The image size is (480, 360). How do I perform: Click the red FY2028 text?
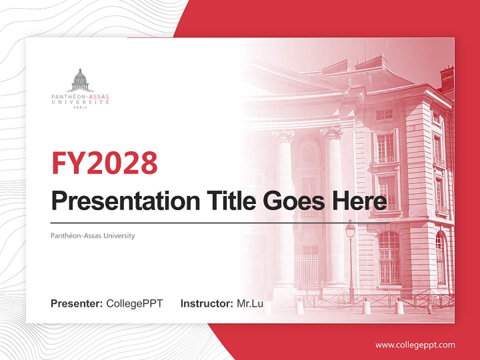point(104,161)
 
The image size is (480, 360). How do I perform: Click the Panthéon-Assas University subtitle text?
point(92,235)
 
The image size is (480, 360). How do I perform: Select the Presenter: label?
point(76,303)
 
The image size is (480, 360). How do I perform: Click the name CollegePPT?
point(134,303)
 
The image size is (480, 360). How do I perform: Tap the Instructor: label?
point(206,303)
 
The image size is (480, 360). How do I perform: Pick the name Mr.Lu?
point(250,303)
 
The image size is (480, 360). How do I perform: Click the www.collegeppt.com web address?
point(415,344)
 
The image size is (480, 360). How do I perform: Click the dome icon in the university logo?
point(80,80)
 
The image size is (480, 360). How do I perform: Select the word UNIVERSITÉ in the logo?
point(80,101)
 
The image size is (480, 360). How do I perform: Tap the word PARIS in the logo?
point(80,107)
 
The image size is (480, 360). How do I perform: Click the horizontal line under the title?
point(220,222)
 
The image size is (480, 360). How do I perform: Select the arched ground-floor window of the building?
point(389,257)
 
